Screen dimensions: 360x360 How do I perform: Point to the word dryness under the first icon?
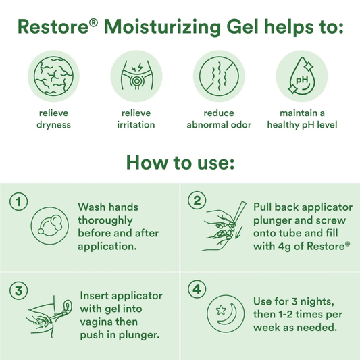pos(55,125)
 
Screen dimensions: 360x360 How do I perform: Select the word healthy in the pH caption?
pos(285,125)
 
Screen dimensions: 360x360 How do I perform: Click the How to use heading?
pos(180,163)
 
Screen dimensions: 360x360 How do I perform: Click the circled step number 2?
pos(197,201)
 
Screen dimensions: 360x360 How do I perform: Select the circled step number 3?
pos(19,290)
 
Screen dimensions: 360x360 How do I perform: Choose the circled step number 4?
pos(197,290)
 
